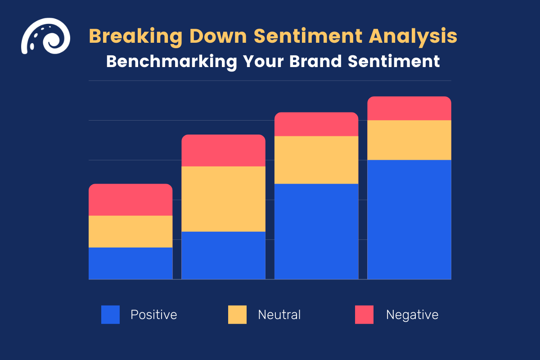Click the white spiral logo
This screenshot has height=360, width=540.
click(45, 36)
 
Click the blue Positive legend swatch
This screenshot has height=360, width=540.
click(110, 315)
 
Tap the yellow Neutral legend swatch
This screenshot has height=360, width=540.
click(237, 315)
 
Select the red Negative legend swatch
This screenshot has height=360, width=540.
click(364, 315)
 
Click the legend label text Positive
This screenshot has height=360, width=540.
click(153, 315)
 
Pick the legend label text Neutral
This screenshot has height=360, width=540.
click(279, 315)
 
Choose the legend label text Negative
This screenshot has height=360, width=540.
click(412, 315)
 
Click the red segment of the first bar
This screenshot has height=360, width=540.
click(130, 200)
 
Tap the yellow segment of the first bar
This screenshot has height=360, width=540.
click(130, 231)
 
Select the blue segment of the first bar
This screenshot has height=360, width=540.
click(130, 263)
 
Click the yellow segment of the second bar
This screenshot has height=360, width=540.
click(223, 199)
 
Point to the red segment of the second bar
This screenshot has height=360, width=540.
click(223, 151)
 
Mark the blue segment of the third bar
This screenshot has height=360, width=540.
click(316, 231)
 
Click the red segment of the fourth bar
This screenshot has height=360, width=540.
click(409, 108)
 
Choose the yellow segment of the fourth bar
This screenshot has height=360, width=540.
click(409, 140)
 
